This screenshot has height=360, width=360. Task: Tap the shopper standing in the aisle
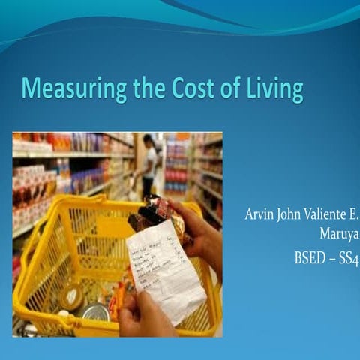click(x=148, y=161)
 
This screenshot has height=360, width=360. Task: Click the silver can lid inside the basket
click(x=93, y=310)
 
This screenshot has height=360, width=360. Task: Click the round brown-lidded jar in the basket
click(x=70, y=296)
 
